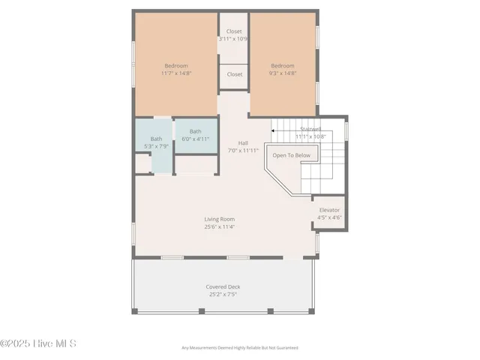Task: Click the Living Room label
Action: [219, 219]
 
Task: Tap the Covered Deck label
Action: [223, 286]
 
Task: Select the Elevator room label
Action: [329, 210]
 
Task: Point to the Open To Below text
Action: [291, 155]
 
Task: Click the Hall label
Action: [243, 142]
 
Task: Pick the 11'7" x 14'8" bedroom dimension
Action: [177, 73]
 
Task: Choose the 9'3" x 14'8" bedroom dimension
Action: [283, 73]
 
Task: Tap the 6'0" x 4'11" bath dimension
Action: [195, 139]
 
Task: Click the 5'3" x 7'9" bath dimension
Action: [156, 146]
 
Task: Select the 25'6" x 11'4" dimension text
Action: [219, 226]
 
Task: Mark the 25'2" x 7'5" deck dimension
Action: [223, 294]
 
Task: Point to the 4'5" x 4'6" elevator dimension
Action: [329, 217]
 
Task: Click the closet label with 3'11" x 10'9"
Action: [234, 31]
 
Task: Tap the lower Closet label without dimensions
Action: [234, 74]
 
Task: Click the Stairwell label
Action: [310, 129]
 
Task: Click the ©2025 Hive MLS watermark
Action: [38, 343]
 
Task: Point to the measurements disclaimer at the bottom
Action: [240, 348]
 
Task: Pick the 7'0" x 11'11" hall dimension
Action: [243, 150]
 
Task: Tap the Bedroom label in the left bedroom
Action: [176, 65]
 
